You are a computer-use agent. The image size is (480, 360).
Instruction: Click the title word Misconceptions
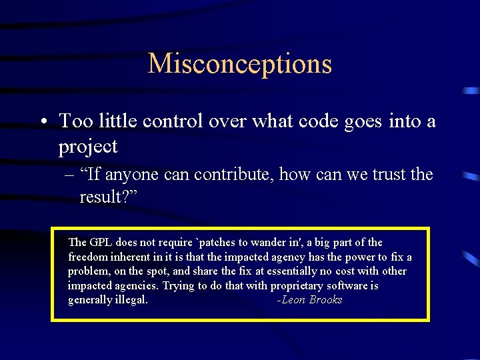[239, 64]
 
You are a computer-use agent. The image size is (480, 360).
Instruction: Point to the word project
[88, 147]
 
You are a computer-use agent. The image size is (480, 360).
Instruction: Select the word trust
[380, 175]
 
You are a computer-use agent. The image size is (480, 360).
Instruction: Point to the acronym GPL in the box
[101, 242]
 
